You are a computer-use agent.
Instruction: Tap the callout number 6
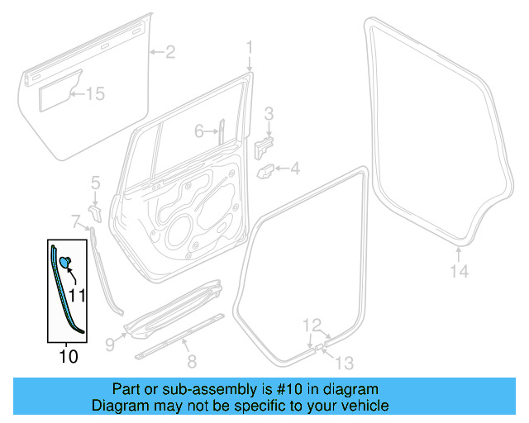(199, 131)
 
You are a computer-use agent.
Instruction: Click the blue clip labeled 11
(65, 262)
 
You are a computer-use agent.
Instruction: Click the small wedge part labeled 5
(95, 212)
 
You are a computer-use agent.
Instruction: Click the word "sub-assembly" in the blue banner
(192, 389)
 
